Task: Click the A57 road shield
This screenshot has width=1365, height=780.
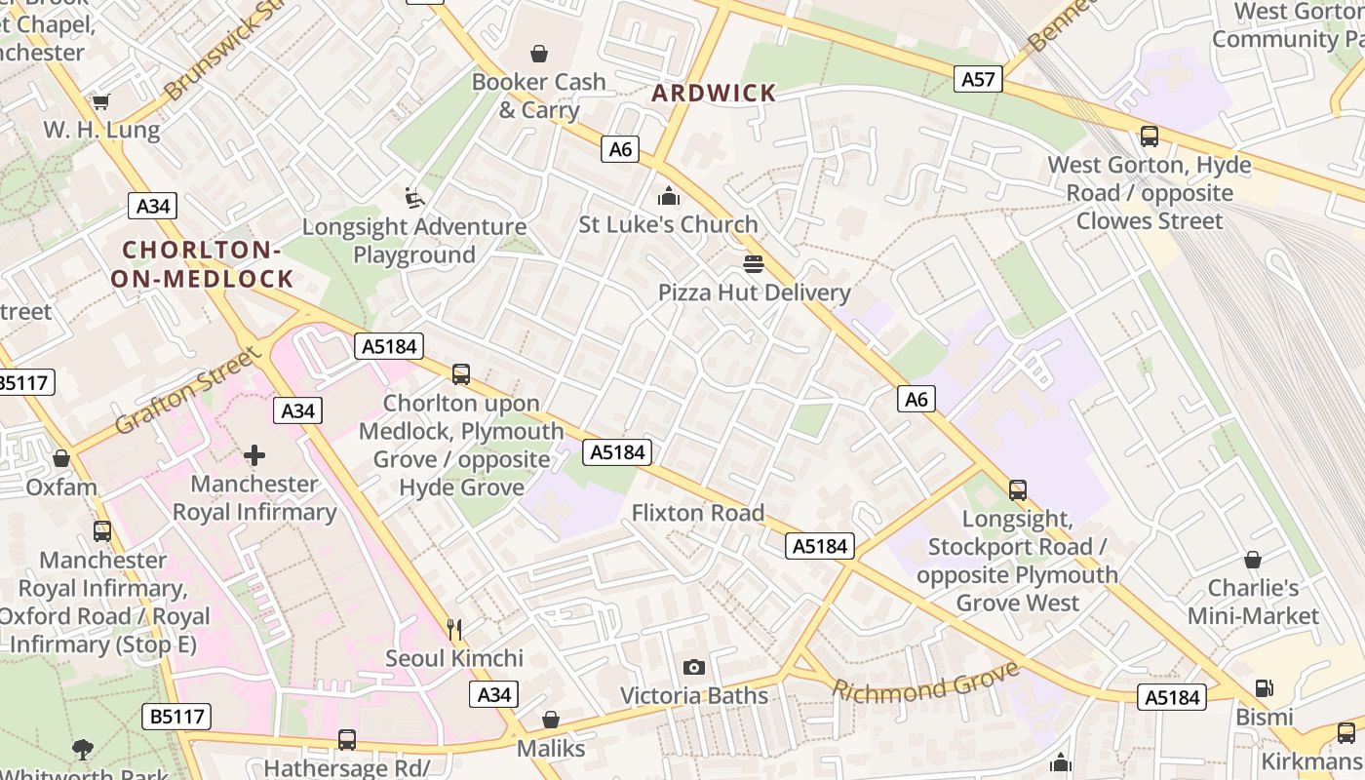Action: click(978, 79)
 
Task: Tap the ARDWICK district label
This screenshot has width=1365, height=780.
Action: click(715, 94)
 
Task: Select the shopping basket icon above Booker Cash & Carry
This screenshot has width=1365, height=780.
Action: click(538, 53)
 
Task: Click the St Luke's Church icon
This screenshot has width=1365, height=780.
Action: click(668, 196)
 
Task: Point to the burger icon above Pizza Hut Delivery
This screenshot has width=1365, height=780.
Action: click(753, 263)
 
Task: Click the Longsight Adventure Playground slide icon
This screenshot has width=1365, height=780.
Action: click(414, 198)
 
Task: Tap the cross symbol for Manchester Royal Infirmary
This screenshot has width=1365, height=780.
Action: click(254, 455)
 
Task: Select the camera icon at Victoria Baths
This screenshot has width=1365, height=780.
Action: click(694, 667)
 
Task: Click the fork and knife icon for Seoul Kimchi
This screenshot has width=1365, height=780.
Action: click(454, 629)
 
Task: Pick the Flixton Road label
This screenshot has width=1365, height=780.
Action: click(697, 513)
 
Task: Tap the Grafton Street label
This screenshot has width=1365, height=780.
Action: click(188, 391)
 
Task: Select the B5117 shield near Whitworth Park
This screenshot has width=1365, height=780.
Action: click(177, 717)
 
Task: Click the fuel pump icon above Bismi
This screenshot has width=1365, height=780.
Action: click(1264, 688)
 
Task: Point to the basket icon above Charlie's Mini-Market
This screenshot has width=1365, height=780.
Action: click(1252, 560)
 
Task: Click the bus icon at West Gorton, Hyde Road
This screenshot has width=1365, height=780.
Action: click(1149, 136)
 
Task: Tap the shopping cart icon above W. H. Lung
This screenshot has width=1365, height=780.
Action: click(100, 101)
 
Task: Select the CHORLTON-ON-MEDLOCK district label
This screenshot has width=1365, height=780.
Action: click(202, 264)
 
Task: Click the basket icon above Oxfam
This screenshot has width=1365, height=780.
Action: click(61, 458)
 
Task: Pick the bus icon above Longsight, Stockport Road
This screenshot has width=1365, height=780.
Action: click(1017, 489)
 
